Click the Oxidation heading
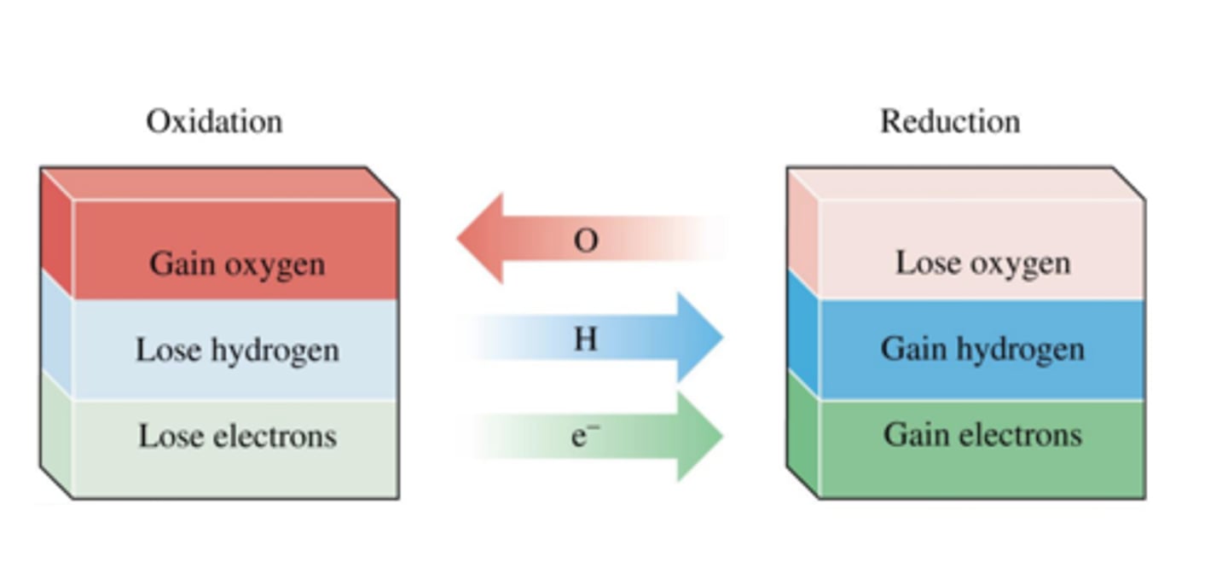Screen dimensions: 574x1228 (x=214, y=121)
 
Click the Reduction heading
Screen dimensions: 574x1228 (x=950, y=121)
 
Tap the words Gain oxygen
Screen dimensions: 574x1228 (x=237, y=264)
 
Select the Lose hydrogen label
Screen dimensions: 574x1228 (x=237, y=350)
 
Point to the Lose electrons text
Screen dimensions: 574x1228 (x=237, y=436)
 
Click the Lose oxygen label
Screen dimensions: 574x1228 (x=982, y=263)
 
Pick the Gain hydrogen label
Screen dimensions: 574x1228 (x=982, y=349)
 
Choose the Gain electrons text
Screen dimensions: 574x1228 (x=982, y=435)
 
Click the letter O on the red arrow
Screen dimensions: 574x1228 (x=586, y=241)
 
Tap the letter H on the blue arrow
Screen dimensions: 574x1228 (x=585, y=339)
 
